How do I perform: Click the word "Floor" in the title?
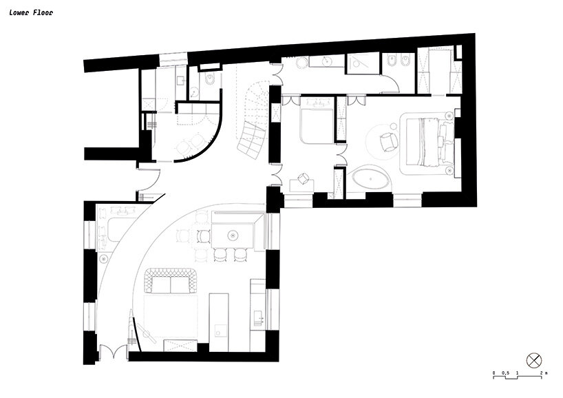point(43,12)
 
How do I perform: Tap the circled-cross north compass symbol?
point(535,361)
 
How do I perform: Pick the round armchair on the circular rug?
point(388,141)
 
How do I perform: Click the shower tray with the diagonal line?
point(361,63)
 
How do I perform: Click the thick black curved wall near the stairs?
point(206,145)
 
